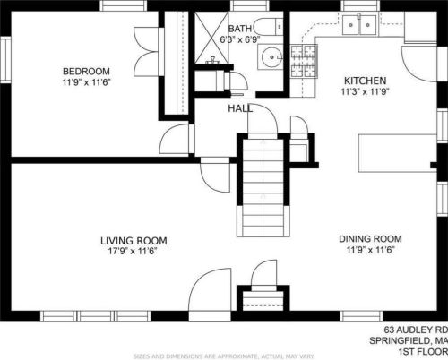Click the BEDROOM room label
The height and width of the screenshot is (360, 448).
pos(86,72)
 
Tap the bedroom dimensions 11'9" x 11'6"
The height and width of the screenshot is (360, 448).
pos(86,82)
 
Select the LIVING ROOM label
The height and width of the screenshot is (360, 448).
pos(134,241)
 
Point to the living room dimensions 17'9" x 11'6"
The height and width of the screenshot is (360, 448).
pos(133,251)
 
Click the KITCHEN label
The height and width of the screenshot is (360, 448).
pos(365,81)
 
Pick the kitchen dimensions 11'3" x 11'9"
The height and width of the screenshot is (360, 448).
pos(365,91)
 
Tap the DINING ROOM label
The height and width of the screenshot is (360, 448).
pos(370,239)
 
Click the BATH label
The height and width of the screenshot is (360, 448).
pos(240,29)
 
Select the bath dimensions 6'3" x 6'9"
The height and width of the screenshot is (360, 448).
pos(240,39)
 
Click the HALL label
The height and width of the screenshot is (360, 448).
pos(240,108)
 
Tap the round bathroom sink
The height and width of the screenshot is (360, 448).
pos(271,56)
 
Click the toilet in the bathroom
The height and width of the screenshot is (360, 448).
pos(269,27)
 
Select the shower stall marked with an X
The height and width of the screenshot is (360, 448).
pos(211,38)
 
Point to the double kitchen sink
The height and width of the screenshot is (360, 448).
pos(360,25)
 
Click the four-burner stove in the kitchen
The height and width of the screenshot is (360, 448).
pos(304,61)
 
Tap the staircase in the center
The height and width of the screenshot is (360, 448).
pos(263,187)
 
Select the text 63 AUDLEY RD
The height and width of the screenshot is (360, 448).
pos(416,330)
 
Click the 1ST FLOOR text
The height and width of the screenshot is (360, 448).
pos(423,352)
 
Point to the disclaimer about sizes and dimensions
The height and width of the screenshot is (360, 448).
pos(224,356)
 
